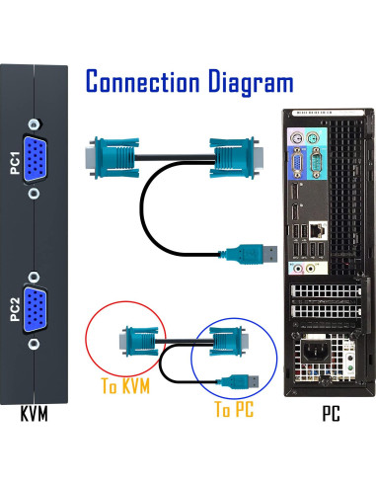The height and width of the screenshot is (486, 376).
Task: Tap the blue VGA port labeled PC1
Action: click(35, 159)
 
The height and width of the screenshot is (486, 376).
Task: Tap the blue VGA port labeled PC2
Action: click(35, 310)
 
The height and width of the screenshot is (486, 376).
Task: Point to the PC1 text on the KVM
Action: click(15, 159)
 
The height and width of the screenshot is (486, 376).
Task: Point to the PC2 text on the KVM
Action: click(15, 311)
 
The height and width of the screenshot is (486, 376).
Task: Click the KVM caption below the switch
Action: click(34, 413)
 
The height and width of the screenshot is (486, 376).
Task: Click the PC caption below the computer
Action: click(329, 413)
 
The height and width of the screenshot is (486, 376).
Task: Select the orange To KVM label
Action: click(124, 386)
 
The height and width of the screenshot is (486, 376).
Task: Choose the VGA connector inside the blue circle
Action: click(227, 342)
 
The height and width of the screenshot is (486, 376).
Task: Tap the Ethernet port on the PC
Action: click(316, 229)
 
